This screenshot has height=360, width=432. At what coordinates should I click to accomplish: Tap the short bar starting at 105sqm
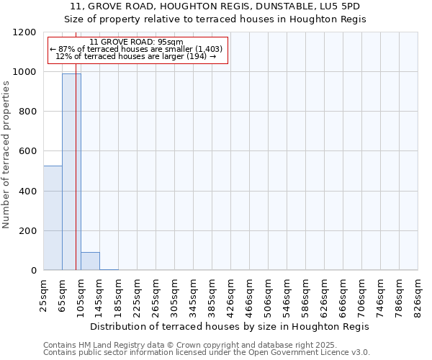pyautogui.click(x=90, y=261)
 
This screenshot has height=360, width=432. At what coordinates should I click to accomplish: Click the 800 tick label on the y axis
pyautogui.click(x=27, y=112)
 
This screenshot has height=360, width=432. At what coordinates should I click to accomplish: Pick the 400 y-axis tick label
pyautogui.click(x=27, y=191)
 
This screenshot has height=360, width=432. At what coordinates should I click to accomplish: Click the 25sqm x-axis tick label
pyautogui.click(x=44, y=293)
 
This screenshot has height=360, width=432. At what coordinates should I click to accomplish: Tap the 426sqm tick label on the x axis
pyautogui.click(x=231, y=294)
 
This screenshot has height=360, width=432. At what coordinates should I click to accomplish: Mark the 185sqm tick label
pyautogui.click(x=119, y=294)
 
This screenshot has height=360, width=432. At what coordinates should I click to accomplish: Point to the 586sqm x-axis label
pyautogui.click(x=306, y=294)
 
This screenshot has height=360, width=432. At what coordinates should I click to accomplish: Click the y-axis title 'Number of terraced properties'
pyautogui.click(x=6, y=155)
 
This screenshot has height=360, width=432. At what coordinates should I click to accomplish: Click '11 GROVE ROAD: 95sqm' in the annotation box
pyautogui.click(x=137, y=42)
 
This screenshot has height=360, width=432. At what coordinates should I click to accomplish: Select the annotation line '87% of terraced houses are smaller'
pyautogui.click(x=137, y=49)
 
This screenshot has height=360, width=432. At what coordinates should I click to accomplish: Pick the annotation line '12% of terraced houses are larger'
pyautogui.click(x=137, y=56)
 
